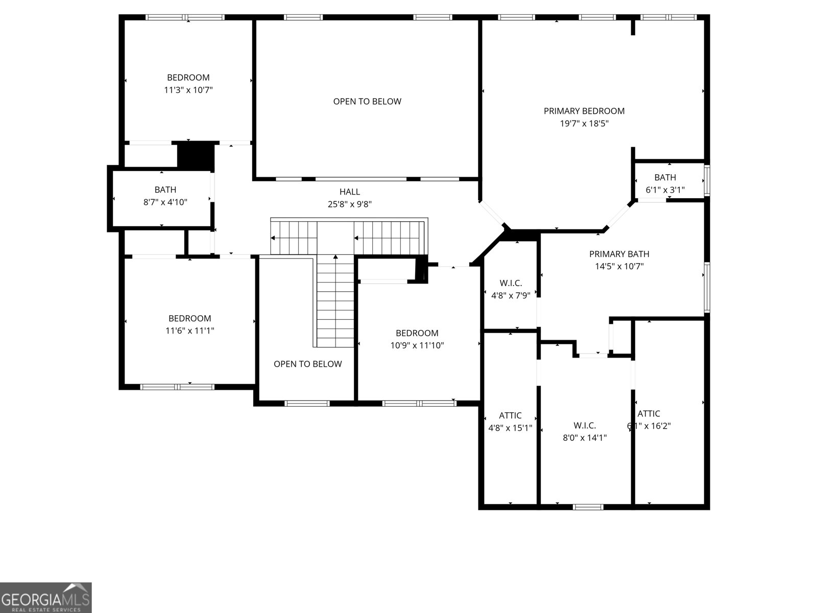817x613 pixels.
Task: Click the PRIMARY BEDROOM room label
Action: (584, 111)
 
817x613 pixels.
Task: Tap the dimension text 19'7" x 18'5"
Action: (584, 124)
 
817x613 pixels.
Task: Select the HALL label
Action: (350, 192)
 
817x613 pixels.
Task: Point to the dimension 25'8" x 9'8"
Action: (350, 204)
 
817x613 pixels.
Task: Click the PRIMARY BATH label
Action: (619, 254)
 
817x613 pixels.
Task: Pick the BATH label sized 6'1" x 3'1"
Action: (665, 177)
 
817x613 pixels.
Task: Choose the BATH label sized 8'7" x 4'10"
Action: (165, 190)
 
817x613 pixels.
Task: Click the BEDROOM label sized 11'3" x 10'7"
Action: (188, 78)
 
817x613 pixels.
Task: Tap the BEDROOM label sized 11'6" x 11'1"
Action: (189, 318)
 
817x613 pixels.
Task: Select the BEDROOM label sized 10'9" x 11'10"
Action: (417, 333)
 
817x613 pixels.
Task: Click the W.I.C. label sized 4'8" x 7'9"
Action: (511, 283)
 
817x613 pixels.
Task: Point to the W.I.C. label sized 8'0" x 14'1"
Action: (584, 425)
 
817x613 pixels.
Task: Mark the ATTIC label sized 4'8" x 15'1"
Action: (510, 415)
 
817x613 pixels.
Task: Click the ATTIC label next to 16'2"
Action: (649, 414)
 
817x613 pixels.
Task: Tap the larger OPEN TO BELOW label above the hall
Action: (367, 101)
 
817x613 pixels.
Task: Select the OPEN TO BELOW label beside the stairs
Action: (307, 364)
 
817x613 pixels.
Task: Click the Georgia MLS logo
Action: (45, 597)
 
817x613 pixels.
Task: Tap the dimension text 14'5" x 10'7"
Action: (619, 266)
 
